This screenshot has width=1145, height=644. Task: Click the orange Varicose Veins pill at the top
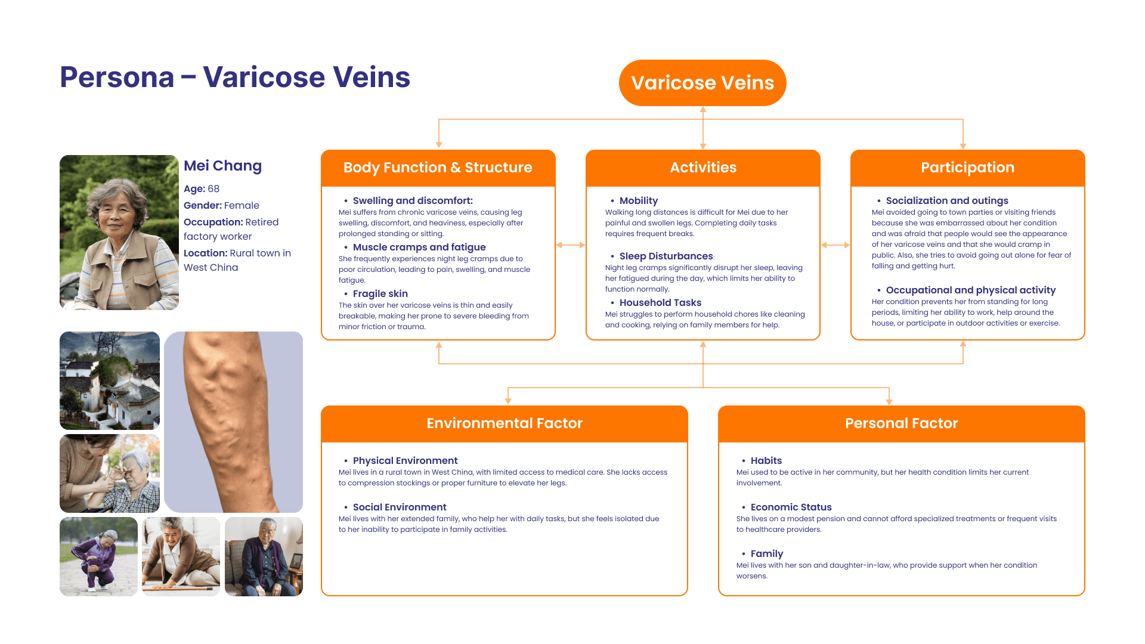(703, 83)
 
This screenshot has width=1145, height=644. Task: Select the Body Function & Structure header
(438, 168)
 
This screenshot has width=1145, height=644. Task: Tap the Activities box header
(703, 168)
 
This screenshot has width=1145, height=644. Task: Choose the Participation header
(967, 168)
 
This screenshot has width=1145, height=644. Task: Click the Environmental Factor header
(505, 423)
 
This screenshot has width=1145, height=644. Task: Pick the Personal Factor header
(901, 423)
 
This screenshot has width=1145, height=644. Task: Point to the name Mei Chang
(222, 166)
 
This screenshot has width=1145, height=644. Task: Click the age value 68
(213, 189)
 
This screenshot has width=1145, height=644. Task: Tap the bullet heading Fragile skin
(380, 294)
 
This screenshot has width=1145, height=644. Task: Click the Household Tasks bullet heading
(660, 303)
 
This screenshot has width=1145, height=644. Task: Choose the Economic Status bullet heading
(791, 507)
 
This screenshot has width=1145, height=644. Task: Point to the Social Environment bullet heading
(399, 507)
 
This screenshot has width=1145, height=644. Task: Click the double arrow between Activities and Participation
(835, 245)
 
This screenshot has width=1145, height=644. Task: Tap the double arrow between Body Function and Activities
(571, 245)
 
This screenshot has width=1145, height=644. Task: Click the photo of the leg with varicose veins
(233, 422)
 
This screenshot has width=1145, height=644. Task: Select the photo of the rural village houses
(110, 380)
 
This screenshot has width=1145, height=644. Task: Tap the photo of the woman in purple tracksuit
(98, 556)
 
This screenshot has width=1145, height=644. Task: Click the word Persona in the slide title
(117, 78)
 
